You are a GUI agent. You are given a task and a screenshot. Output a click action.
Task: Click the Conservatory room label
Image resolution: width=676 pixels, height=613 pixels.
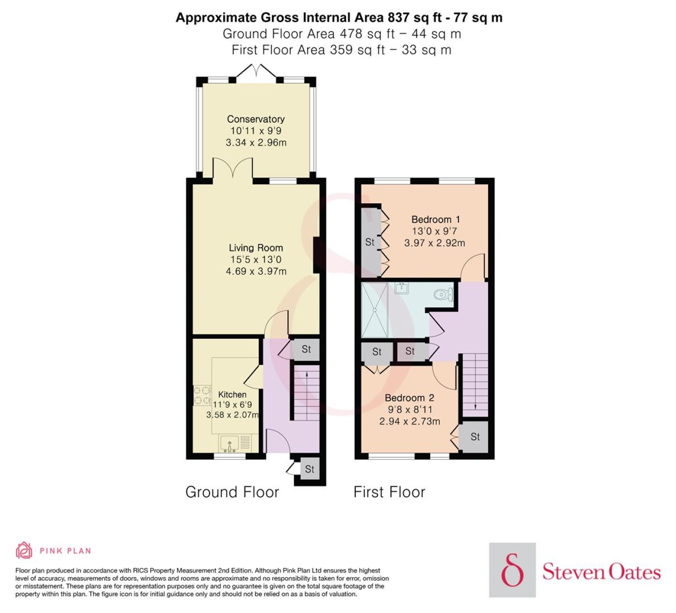coord(256,119)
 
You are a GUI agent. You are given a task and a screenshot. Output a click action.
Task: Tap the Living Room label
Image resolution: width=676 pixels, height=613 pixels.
coord(256,248)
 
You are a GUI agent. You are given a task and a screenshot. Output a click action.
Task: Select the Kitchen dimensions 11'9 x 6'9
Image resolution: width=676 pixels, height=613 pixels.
coord(232,405)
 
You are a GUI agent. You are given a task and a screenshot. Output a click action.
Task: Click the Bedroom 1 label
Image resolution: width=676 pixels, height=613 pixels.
coord(436,220)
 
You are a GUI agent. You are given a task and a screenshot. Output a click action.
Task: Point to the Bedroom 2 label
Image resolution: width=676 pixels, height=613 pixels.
coord(409,398)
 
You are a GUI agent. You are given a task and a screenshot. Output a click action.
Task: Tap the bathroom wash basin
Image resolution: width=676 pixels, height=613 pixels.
coord(402,288)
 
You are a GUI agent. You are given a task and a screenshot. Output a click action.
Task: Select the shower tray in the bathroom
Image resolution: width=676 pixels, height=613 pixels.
coord(374,310)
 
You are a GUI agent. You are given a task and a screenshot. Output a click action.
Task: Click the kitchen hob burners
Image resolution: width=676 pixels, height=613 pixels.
coord(202,396)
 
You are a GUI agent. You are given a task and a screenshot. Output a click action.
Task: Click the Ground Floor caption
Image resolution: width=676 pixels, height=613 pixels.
coord(232,492)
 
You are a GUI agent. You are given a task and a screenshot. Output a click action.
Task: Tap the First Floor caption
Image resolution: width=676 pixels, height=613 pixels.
coord(389,492)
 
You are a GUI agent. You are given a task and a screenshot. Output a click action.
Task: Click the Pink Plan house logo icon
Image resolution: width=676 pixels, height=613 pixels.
coord(24,550)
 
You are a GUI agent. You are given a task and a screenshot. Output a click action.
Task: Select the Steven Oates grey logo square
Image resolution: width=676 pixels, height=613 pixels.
coord(512,570)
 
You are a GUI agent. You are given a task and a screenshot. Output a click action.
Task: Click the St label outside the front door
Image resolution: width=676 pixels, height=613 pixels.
coord(310,469)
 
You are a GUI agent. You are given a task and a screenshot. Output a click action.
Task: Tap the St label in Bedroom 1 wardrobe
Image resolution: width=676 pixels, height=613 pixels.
coord(370,242)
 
